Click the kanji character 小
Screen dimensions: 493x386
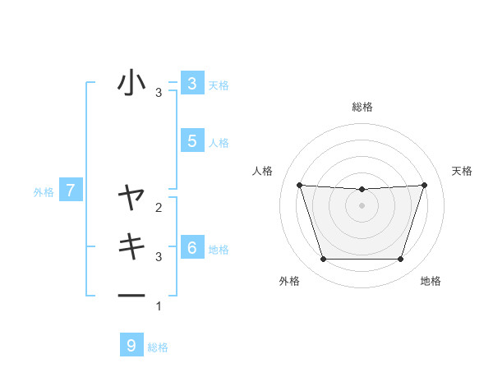pyautogui.click(x=131, y=83)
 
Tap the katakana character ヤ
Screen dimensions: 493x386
pyautogui.click(x=131, y=197)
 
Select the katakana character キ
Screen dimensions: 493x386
pyautogui.click(x=131, y=246)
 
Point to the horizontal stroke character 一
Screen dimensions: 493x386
pyautogui.click(x=131, y=295)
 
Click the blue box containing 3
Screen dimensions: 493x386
pyautogui.click(x=191, y=83)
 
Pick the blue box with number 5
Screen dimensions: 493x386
pyautogui.click(x=191, y=140)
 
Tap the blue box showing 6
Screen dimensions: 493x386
pyautogui.click(x=191, y=247)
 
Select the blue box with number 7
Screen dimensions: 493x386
pyautogui.click(x=71, y=191)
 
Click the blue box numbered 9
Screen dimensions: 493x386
pyautogui.click(x=131, y=345)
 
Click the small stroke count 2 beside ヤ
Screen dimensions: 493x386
pyautogui.click(x=159, y=208)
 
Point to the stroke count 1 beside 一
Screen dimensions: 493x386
pyautogui.click(x=159, y=306)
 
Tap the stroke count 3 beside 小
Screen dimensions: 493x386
pyautogui.click(x=159, y=93)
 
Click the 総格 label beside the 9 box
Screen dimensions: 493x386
pyautogui.click(x=158, y=347)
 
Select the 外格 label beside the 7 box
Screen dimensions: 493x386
pyautogui.click(x=44, y=192)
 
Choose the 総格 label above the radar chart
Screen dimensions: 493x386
pyautogui.click(x=362, y=107)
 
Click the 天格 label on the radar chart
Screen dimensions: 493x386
pyautogui.click(x=463, y=171)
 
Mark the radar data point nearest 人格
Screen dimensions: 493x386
pyautogui.click(x=299, y=185)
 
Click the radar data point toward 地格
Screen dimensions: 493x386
pyautogui.click(x=401, y=260)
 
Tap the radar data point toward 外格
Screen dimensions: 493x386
pyautogui.click(x=323, y=260)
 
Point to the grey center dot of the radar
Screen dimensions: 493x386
pyautogui.click(x=362, y=205)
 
